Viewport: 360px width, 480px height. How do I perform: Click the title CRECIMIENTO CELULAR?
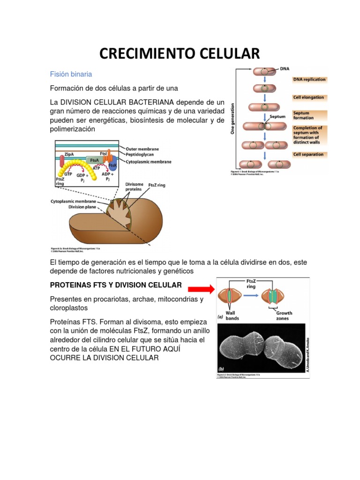coord(180,53)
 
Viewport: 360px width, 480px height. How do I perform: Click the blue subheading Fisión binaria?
coord(71,74)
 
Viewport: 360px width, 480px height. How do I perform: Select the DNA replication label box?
coord(309,79)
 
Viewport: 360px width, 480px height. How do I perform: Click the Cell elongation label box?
coord(308,97)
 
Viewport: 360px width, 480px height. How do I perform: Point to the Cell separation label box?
coord(308,154)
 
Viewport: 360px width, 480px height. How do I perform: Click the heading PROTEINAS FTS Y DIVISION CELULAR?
coord(115,285)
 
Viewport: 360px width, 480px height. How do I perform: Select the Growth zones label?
coord(284,315)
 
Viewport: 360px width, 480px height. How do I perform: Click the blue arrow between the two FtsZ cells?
coord(250,296)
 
